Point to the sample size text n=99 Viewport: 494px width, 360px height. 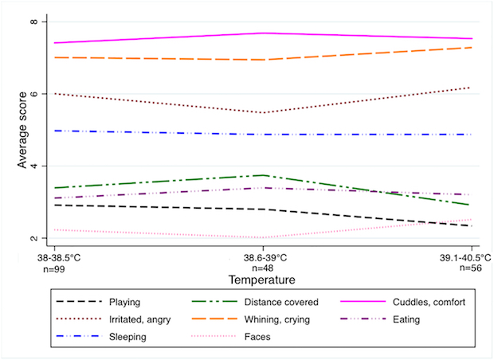click(x=54, y=269)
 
